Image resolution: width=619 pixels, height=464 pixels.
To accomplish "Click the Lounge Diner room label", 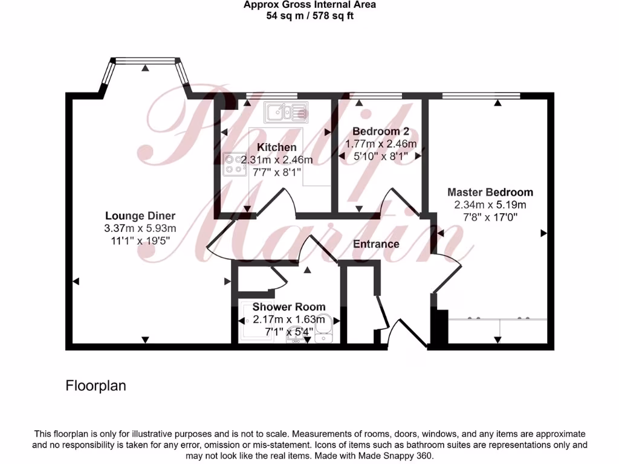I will pos(140,216).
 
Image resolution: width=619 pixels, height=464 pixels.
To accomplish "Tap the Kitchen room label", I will pos(277,147).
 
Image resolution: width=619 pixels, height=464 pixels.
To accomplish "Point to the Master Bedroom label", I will pos(490,192).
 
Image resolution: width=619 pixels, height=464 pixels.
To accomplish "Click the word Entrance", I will pos(376,244).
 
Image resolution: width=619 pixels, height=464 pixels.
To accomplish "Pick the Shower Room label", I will pos(289,307).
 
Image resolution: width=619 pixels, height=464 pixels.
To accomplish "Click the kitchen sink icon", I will pos(285,112).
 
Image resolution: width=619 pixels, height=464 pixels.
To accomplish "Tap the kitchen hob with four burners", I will pos(235,164).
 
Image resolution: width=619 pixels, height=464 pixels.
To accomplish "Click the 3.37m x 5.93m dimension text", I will pos(140,228).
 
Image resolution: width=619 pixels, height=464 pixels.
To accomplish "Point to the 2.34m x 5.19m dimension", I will pos(490,205).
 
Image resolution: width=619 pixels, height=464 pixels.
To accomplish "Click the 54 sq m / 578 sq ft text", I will pos(309,16).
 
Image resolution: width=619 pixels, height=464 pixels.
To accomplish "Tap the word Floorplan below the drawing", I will pos(96,385).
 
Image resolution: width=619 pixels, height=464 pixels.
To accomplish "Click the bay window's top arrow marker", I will pos(145,68).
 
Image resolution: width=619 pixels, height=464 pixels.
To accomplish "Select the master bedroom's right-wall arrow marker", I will pos(543,233).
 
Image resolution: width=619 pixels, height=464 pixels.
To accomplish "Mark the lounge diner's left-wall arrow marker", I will pos(76,281).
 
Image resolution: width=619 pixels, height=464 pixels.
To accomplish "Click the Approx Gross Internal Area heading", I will pos(309,5).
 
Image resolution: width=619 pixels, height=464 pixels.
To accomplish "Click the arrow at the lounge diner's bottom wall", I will pos(145,340).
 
